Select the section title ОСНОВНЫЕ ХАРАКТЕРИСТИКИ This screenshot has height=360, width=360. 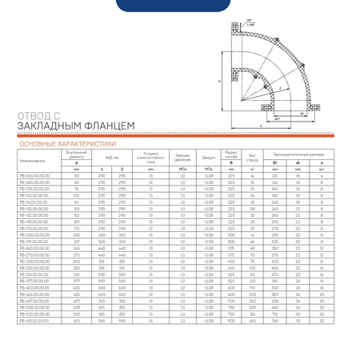[x=61, y=145]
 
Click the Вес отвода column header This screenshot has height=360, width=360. [x=254, y=157]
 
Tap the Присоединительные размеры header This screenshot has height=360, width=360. [x=309, y=153]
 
